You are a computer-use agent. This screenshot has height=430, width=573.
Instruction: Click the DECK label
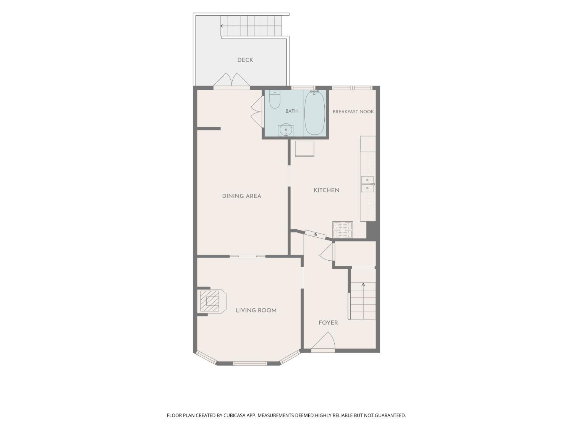(245, 60)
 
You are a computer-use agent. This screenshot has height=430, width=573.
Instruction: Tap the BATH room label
(291, 111)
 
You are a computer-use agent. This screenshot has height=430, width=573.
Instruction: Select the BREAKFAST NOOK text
(353, 112)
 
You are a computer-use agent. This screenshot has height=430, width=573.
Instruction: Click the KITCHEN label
(326, 190)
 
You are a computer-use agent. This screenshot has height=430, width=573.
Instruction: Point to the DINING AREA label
(241, 196)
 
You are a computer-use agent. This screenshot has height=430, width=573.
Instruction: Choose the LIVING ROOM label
(256, 310)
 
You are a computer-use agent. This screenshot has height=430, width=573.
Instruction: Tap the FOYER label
(328, 323)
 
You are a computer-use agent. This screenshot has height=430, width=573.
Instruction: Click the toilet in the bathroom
(274, 99)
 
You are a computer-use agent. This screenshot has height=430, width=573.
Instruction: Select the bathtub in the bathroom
(314, 113)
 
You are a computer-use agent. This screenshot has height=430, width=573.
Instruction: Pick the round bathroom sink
(286, 130)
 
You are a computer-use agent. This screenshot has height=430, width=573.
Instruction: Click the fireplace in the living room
(212, 301)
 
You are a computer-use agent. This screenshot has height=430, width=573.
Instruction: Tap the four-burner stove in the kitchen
(343, 230)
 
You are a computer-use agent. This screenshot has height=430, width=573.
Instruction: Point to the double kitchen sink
(367, 184)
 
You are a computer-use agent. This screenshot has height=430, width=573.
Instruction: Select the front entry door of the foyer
(323, 342)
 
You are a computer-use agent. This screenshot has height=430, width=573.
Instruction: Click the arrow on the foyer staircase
(363, 301)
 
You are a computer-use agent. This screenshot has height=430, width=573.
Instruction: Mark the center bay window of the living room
(250, 363)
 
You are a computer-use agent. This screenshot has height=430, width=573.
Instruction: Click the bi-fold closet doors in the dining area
(256, 112)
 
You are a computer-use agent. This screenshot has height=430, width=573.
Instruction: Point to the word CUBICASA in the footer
(235, 415)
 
